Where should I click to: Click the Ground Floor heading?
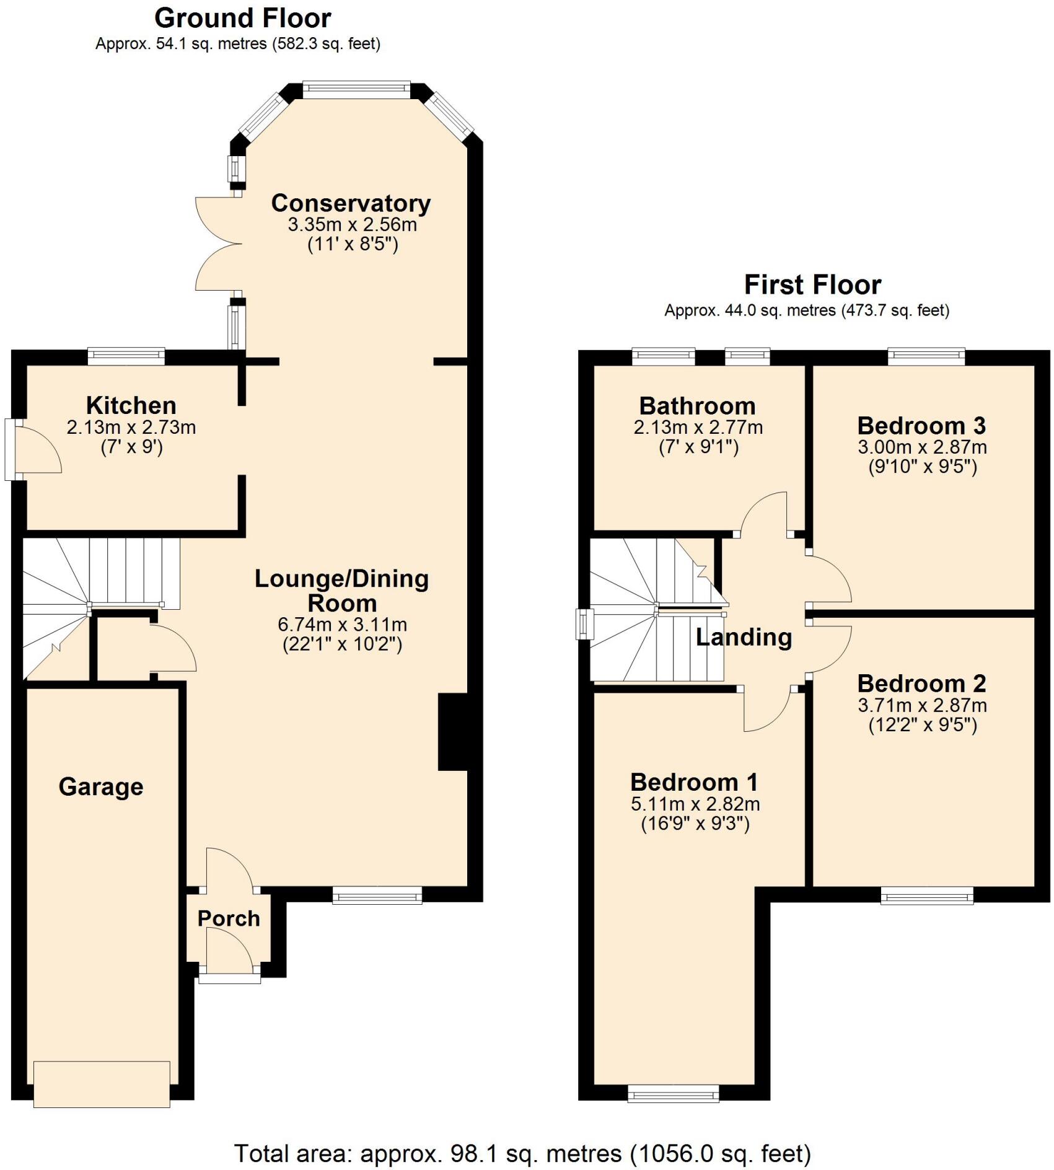tap(242, 18)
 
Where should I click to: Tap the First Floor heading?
tap(812, 284)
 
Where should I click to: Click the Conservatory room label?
tap(351, 203)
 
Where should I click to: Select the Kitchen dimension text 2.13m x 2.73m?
tap(131, 427)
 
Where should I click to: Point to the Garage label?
tap(101, 786)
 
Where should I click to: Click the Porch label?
tap(229, 918)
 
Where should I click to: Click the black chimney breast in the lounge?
tap(453, 732)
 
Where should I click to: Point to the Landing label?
tap(744, 637)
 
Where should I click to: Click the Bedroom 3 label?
tap(921, 425)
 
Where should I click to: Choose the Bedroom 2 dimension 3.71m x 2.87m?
tap(922, 705)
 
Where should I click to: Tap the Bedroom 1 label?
tap(694, 782)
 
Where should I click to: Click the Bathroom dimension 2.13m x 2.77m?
tap(698, 427)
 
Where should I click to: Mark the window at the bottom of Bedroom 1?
tap(673, 1093)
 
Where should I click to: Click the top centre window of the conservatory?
tap(356, 90)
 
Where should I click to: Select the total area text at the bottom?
tap(522, 1153)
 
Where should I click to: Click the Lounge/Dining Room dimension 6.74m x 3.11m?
tap(342, 624)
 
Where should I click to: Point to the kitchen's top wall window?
tap(126, 356)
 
